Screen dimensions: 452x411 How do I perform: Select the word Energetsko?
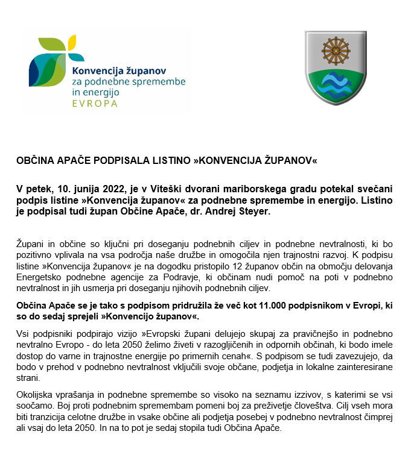coord(38,274)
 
